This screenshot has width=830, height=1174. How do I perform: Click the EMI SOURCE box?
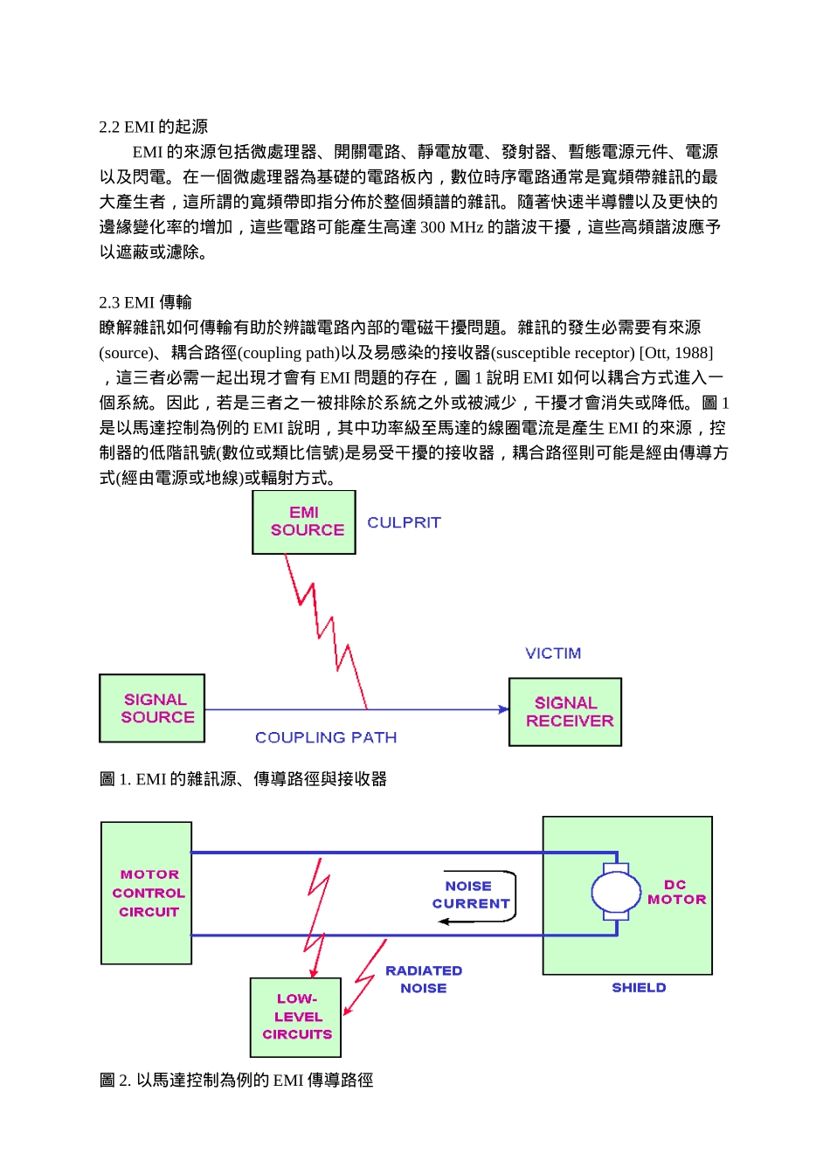(304, 522)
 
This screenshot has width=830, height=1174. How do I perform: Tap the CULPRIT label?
(404, 522)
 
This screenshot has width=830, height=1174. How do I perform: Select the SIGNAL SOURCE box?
(152, 708)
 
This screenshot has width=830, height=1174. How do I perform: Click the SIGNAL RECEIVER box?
(565, 712)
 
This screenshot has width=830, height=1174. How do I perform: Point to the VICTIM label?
(553, 653)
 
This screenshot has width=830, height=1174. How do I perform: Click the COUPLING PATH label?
(326, 738)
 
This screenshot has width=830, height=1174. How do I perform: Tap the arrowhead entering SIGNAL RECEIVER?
(503, 709)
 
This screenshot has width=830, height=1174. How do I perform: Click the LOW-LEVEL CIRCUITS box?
(296, 1017)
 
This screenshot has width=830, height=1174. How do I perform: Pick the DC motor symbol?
(616, 892)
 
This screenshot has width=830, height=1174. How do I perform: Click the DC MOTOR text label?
(676, 892)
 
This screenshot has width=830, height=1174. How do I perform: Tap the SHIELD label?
(639, 988)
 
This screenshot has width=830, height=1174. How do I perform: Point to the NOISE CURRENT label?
(470, 895)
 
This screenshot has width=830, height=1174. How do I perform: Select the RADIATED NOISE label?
(424, 979)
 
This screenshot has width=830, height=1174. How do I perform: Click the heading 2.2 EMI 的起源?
(153, 127)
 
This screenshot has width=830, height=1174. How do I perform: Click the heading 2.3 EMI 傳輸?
(145, 302)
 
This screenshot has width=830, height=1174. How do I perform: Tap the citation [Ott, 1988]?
(676, 353)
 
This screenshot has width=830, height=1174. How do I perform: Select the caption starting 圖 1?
(243, 779)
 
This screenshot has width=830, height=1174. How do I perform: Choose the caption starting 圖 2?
(236, 1081)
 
